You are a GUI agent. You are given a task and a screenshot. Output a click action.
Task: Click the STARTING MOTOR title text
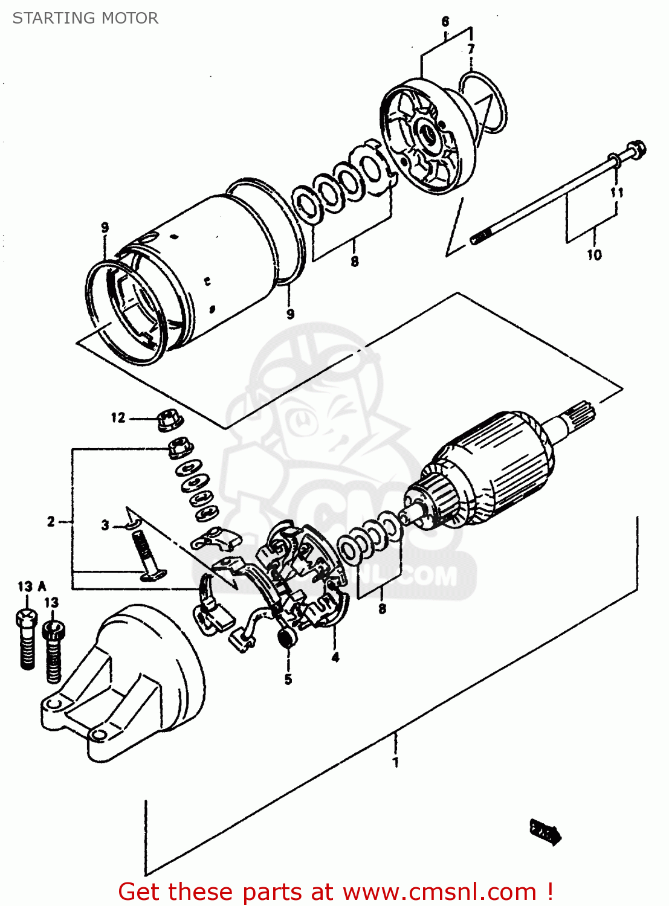coord(85,18)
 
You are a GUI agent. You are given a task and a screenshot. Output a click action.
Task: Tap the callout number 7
coord(471,49)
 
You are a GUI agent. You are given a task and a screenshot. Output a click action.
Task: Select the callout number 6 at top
coord(445,22)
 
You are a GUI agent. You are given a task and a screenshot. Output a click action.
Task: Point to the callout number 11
coord(616,193)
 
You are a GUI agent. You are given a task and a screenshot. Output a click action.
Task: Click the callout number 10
coord(594,255)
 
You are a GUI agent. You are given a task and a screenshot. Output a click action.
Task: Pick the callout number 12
coord(118,417)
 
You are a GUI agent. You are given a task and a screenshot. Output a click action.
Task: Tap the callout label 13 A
coord(31,586)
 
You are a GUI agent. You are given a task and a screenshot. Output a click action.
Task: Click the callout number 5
coord(288,679)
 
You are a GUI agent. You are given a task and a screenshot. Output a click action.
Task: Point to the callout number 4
coord(335,657)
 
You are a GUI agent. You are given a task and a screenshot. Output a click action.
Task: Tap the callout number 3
coord(105,525)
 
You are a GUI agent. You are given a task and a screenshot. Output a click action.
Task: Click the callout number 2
coord(51,521)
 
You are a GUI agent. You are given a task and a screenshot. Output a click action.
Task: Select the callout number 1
coord(396,762)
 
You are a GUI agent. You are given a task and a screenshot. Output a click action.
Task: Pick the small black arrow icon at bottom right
coord(546,832)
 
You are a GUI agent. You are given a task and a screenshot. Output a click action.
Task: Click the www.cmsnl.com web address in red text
coord(439,892)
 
